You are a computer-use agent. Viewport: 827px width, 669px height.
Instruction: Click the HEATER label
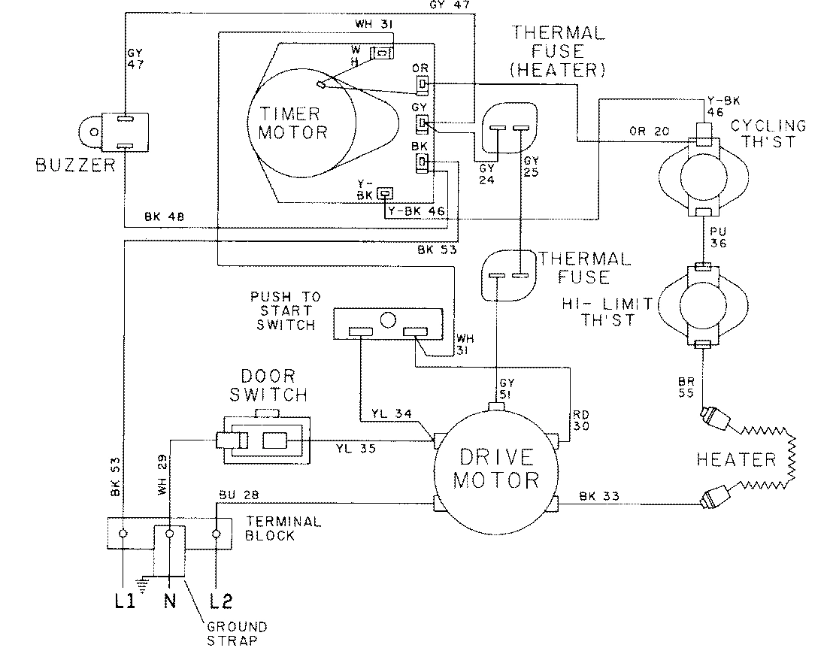point(735,459)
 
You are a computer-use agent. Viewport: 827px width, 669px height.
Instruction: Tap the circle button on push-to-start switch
point(388,320)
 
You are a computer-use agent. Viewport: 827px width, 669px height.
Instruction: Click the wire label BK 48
point(162,217)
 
